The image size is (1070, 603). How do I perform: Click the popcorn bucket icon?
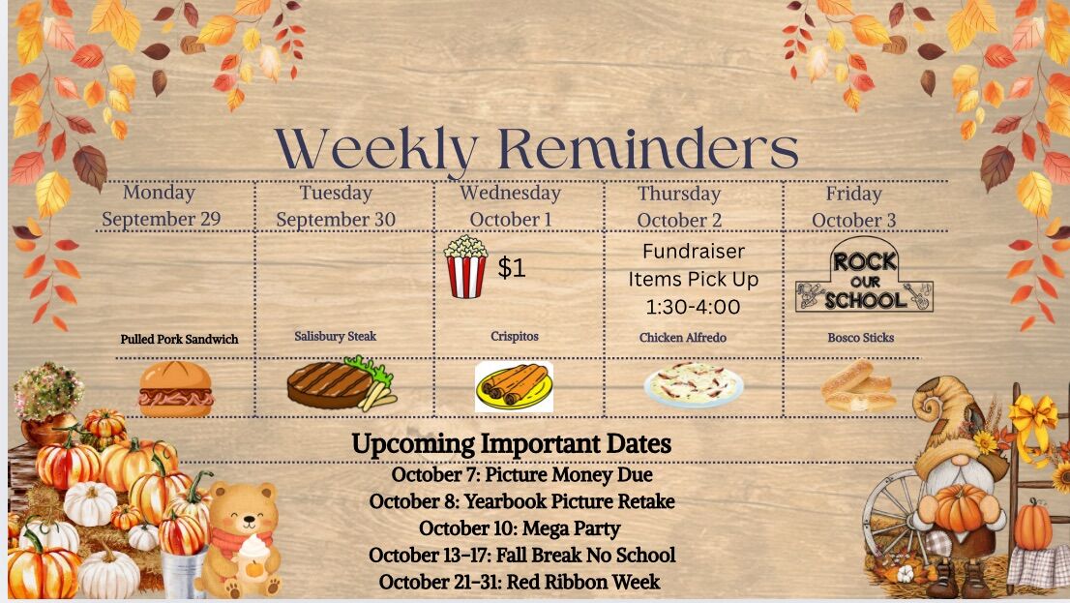[466, 266]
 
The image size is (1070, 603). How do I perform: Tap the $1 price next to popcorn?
[511, 267]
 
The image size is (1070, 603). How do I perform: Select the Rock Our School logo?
[864, 275]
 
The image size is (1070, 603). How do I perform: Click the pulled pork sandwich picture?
[175, 388]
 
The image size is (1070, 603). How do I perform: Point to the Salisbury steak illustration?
[342, 384]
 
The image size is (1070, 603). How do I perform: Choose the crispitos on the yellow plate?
[514, 387]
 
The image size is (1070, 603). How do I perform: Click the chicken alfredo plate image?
[694, 384]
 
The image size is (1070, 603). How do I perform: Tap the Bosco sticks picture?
[858, 386]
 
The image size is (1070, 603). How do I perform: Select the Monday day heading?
[159, 193]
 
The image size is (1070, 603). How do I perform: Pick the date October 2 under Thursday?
[679, 221]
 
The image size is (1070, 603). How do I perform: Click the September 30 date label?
[336, 219]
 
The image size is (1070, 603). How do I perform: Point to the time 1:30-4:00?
[693, 307]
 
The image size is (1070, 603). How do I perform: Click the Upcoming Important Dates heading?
[511, 444]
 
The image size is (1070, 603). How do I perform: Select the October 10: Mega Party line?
[520, 528]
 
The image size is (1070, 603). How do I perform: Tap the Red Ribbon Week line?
[520, 582]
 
